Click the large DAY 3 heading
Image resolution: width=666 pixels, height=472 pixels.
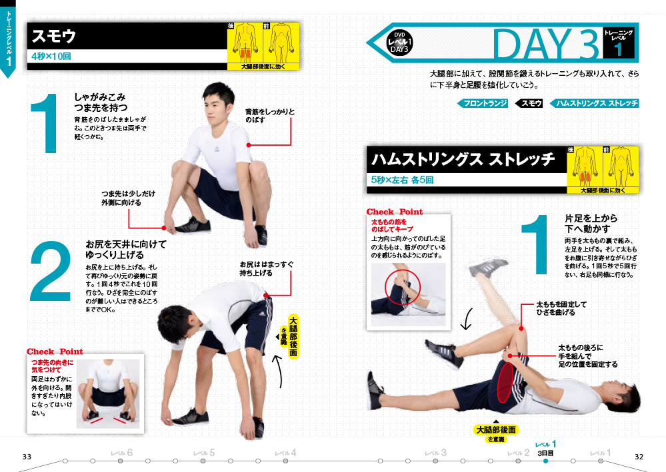pyautogui.click(x=546, y=44)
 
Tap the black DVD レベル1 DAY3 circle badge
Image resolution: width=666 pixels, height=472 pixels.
pyautogui.click(x=399, y=43)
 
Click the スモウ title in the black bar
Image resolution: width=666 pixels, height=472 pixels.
pyautogui.click(x=54, y=36)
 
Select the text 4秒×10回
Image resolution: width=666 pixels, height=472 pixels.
pyautogui.click(x=51, y=56)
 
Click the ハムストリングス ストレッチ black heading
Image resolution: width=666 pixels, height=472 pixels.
pyautogui.click(x=463, y=160)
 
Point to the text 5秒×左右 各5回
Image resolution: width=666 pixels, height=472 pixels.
pyautogui.click(x=402, y=180)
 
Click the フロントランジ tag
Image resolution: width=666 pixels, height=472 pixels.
pyautogui.click(x=483, y=103)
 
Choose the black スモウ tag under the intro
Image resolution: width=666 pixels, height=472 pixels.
pyautogui.click(x=529, y=103)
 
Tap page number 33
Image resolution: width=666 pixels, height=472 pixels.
pyautogui.click(x=27, y=457)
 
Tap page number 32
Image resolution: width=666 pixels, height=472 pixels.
pyautogui.click(x=639, y=457)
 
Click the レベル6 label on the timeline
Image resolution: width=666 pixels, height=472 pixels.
pyautogui.click(x=121, y=453)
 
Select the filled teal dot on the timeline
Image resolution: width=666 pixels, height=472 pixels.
pyautogui.click(x=545, y=461)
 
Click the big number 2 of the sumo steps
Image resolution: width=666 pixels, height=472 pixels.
pyautogui.click(x=50, y=271)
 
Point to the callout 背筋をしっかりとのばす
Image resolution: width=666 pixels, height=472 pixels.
pyautogui.click(x=270, y=116)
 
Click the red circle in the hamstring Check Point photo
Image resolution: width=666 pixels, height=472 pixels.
pyautogui.click(x=402, y=287)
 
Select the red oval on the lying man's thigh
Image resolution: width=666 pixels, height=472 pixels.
pyautogui.click(x=504, y=382)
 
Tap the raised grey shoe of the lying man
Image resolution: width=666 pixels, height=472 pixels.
pyautogui.click(x=488, y=268)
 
